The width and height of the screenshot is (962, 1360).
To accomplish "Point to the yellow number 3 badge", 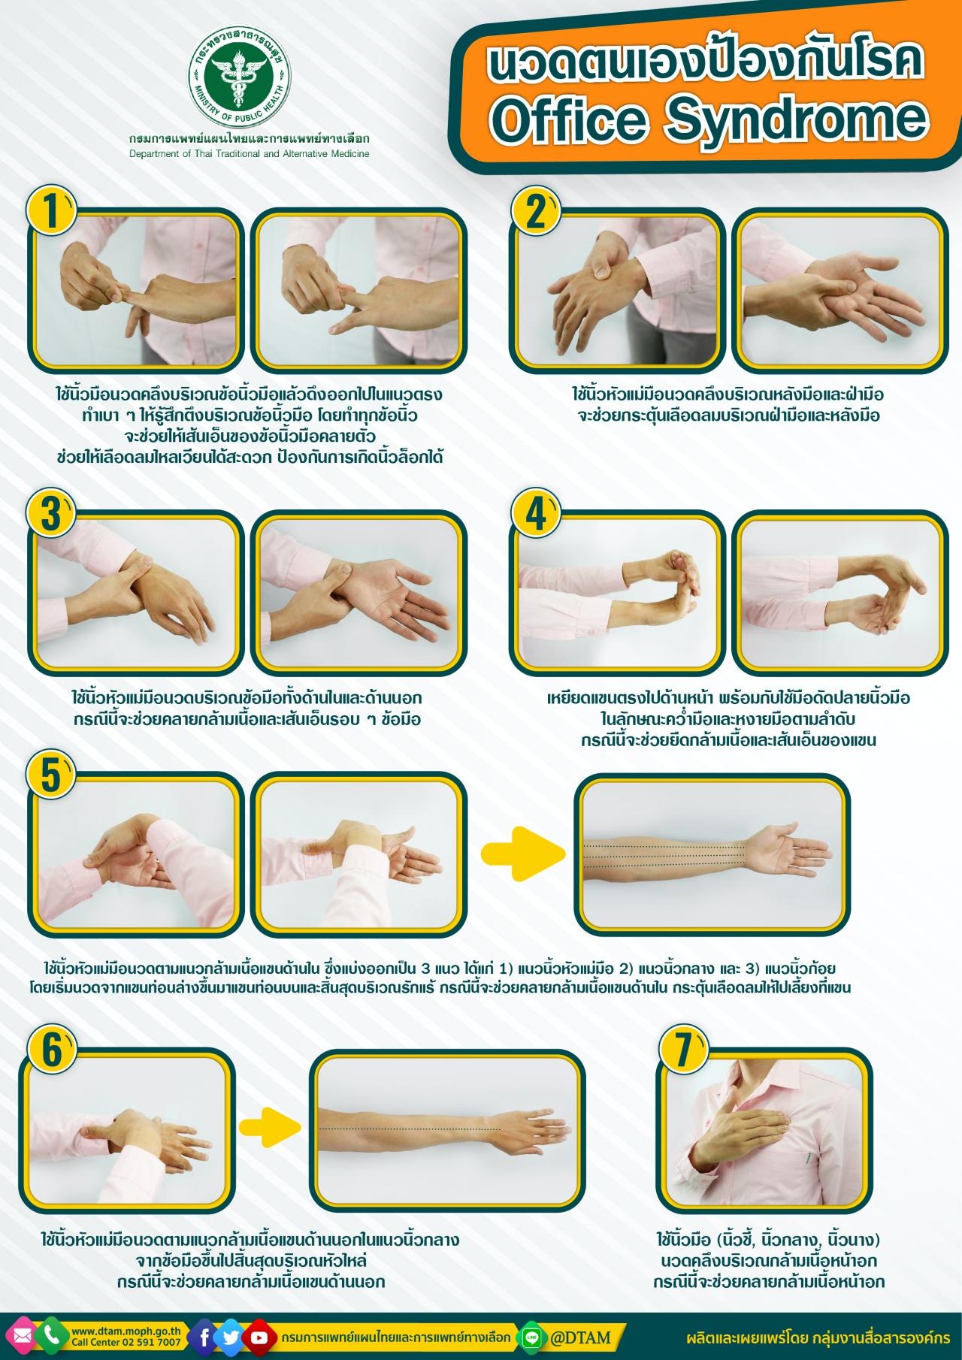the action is (51, 512).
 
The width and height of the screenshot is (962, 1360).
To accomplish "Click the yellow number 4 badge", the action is (534, 512).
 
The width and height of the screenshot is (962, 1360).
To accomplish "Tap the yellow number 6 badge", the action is (51, 1049).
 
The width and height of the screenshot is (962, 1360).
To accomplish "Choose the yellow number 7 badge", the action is (682, 1049).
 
